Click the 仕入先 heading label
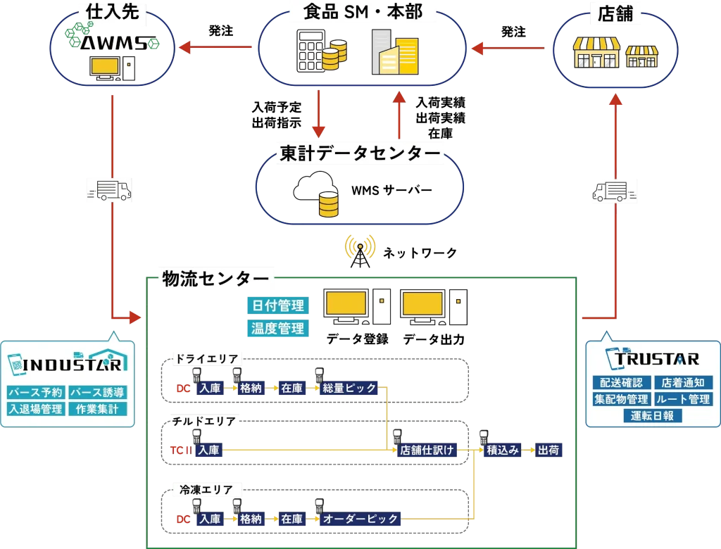pyautogui.click(x=109, y=12)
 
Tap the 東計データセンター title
pyautogui.click(x=360, y=153)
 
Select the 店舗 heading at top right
pyautogui.click(x=615, y=14)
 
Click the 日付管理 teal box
pyautogui.click(x=277, y=305)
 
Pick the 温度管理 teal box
pyautogui.click(x=277, y=328)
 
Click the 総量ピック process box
pyautogui.click(x=350, y=388)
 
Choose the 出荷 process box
pyautogui.click(x=548, y=450)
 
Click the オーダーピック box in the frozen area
pyautogui.click(x=360, y=519)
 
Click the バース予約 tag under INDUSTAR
pyautogui.click(x=35, y=392)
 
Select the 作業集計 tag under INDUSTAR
pyautogui.click(x=97, y=409)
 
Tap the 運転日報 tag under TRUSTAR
pyautogui.click(x=652, y=416)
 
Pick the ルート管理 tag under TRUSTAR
pyautogui.click(x=683, y=399)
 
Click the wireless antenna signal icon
pyautogui.click(x=360, y=247)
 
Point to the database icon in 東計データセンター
pyautogui.click(x=328, y=204)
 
